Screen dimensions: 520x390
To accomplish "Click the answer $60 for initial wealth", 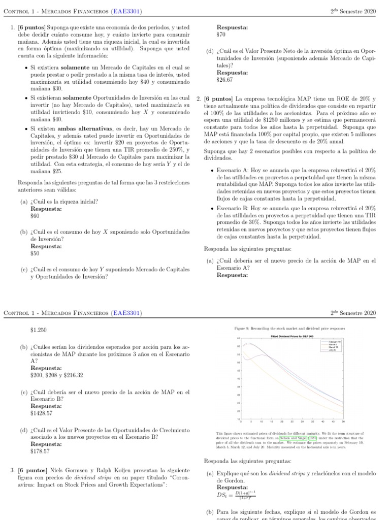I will point(35,216).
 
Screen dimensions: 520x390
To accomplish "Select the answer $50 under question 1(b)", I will point(35,253).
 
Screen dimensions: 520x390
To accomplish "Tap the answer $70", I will point(221,35).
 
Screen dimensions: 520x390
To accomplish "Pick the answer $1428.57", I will point(41,413).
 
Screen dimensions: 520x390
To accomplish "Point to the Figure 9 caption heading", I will point(289,329).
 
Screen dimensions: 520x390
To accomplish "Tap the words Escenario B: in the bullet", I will point(233,208).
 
